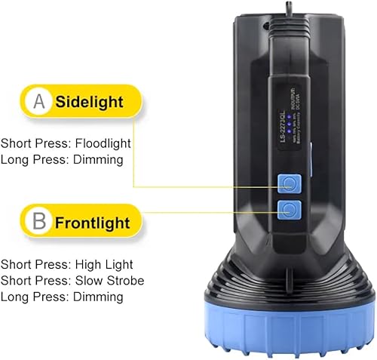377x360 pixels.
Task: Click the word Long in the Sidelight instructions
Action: tap(16, 159)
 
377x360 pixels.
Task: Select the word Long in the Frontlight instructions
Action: tap(16, 297)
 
